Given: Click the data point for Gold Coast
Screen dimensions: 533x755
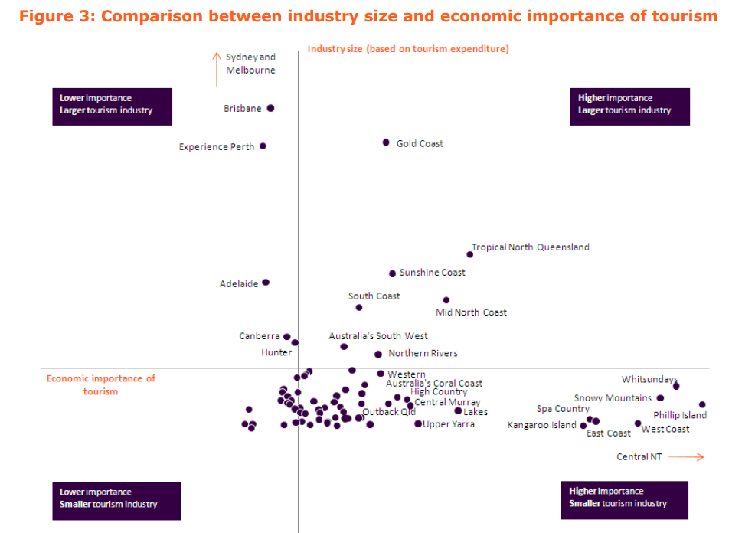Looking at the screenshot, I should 386,142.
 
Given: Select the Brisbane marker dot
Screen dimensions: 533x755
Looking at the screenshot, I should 270,108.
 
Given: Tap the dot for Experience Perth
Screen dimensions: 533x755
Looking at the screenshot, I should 263,146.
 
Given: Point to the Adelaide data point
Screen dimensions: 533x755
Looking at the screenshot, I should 266,282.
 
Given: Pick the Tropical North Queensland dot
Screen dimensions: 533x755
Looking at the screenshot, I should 469,254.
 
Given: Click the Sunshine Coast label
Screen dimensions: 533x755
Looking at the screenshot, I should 432,273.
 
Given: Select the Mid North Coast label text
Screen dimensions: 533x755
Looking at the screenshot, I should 471,312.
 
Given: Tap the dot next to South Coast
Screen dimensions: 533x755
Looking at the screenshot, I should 358,307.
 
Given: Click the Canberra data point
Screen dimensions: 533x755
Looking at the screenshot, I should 287,336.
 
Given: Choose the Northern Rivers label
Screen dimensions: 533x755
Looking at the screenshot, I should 423,354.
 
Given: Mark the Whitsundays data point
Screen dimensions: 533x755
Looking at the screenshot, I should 675,386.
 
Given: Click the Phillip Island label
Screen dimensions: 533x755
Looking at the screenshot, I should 679,415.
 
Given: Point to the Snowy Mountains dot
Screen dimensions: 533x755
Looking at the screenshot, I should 660,397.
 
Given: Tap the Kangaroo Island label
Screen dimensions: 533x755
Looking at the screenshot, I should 541,425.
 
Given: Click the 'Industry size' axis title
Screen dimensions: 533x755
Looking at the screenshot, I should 408,49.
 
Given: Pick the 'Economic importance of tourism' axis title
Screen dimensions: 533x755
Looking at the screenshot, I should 101,384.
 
